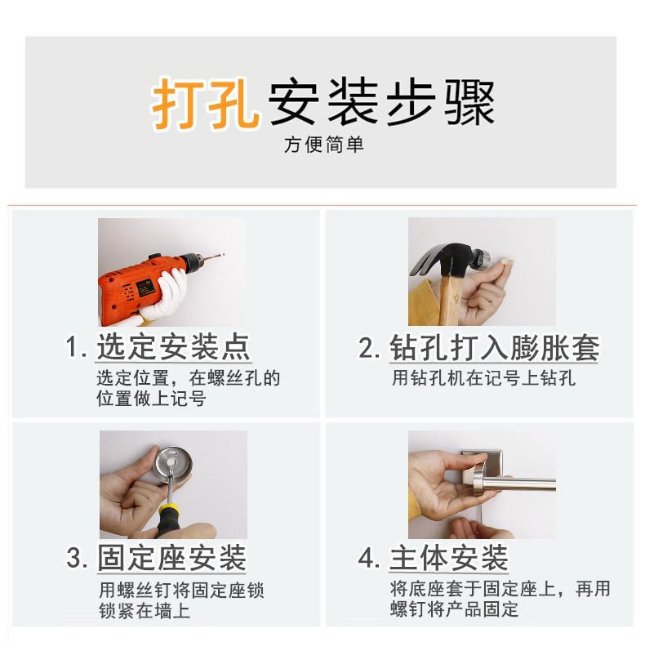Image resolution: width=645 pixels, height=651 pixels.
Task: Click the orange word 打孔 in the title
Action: point(205,104)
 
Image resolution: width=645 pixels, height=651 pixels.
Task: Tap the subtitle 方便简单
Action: point(323,145)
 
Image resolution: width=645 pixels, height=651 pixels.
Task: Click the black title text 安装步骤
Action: point(381,104)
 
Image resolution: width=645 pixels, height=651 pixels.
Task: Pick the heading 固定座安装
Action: point(171,559)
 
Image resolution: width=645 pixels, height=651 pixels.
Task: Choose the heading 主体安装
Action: point(448,559)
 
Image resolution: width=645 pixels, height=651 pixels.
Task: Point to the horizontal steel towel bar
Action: point(523,484)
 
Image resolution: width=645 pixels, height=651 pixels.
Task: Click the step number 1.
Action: point(74,348)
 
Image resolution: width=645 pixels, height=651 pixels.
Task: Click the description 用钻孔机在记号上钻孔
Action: point(483,378)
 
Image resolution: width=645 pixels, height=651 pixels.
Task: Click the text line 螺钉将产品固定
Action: point(454,609)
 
